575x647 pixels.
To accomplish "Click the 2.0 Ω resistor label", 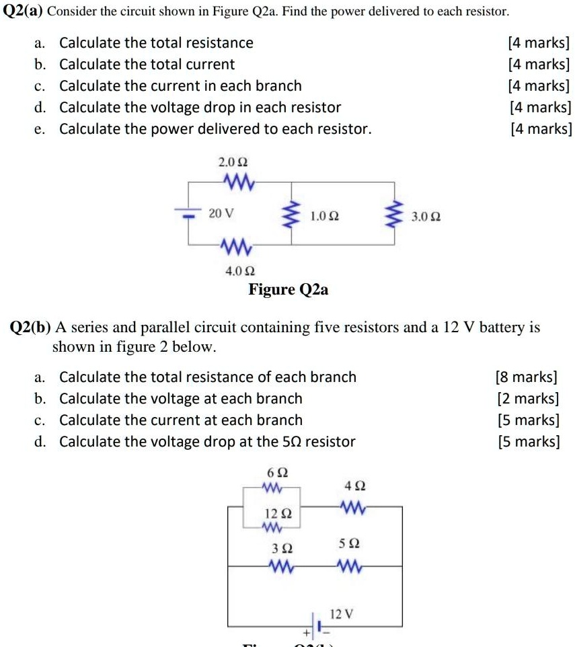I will [x=233, y=163].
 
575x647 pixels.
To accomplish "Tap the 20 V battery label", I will [x=221, y=214].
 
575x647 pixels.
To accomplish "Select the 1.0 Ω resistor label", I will [x=324, y=217].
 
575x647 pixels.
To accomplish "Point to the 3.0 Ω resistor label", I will [x=426, y=217].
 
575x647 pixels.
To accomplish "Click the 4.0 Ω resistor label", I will [x=240, y=271].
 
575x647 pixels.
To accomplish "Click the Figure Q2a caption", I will [x=289, y=290].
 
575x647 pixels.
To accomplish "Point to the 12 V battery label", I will [x=342, y=613].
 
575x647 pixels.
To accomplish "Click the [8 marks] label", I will [x=527, y=377].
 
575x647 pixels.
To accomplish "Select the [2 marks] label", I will [x=528, y=399].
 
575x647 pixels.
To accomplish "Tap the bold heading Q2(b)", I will [x=30, y=328].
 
